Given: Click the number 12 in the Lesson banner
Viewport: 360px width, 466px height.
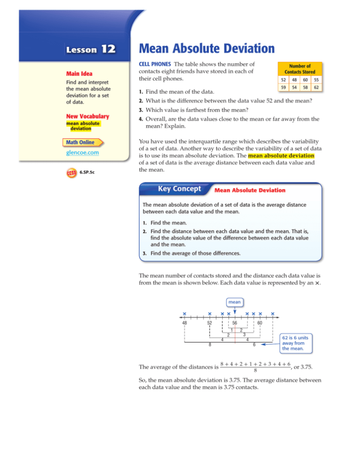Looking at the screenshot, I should pos(106,50).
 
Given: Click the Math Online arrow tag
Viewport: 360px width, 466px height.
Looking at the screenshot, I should pos(85,142).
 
